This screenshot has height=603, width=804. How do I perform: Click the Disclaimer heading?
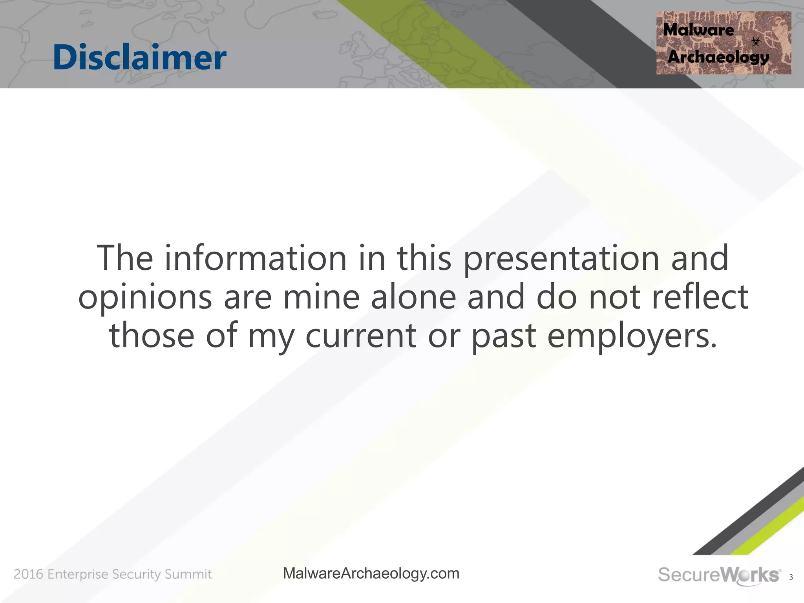(139, 57)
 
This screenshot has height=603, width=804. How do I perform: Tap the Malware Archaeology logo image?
(724, 43)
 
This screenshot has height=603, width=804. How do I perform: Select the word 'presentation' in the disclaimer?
(561, 259)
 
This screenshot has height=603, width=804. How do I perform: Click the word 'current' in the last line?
(361, 336)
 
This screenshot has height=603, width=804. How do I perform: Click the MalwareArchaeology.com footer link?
(371, 574)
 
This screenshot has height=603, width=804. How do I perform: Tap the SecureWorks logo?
(719, 575)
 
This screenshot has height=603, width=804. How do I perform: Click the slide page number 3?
(791, 577)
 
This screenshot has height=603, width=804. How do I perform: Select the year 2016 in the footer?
(28, 574)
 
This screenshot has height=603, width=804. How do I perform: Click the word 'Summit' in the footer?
(188, 574)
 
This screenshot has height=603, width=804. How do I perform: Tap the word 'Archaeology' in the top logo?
(718, 57)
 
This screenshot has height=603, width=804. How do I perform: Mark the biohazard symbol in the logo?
(756, 41)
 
